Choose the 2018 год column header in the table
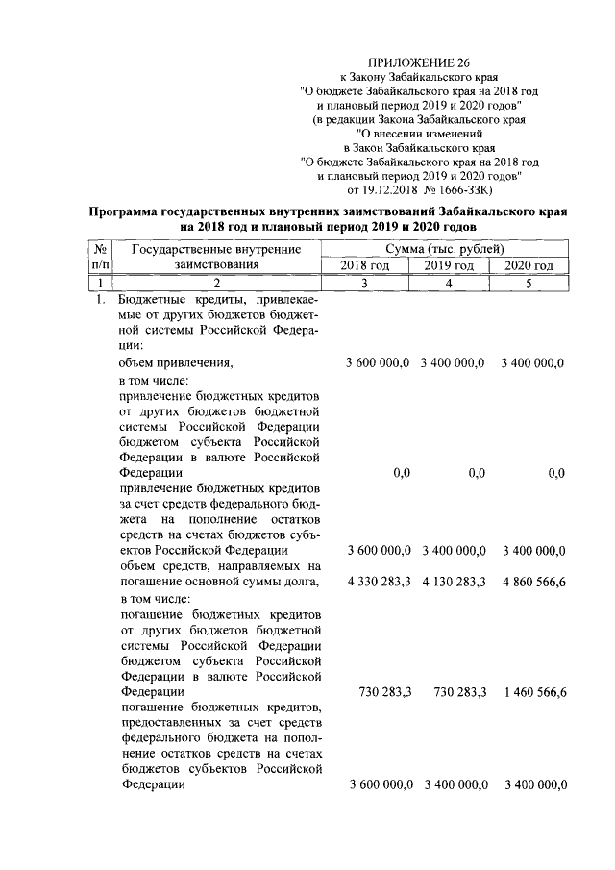click(365, 265)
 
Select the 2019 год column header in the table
click(449, 265)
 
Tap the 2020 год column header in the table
click(529, 265)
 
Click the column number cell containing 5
click(529, 283)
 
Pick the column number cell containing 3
click(365, 283)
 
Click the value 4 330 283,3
click(378, 583)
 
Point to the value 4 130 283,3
click(454, 583)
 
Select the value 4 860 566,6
click(533, 583)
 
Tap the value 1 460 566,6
click(533, 693)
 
